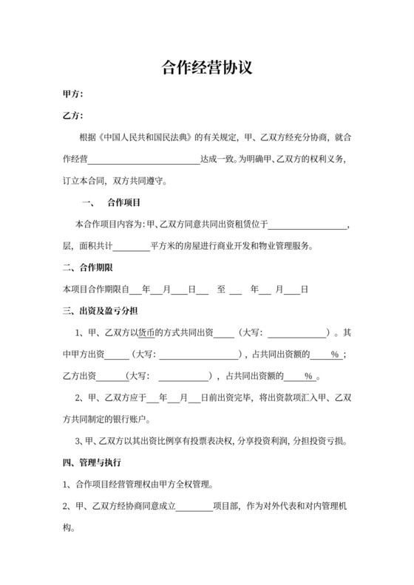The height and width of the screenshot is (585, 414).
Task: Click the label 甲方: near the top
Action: (72, 95)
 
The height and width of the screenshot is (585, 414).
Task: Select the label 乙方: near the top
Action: (72, 116)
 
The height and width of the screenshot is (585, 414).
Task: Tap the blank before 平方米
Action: (132, 245)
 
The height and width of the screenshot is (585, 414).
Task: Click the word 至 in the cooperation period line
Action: (221, 289)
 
